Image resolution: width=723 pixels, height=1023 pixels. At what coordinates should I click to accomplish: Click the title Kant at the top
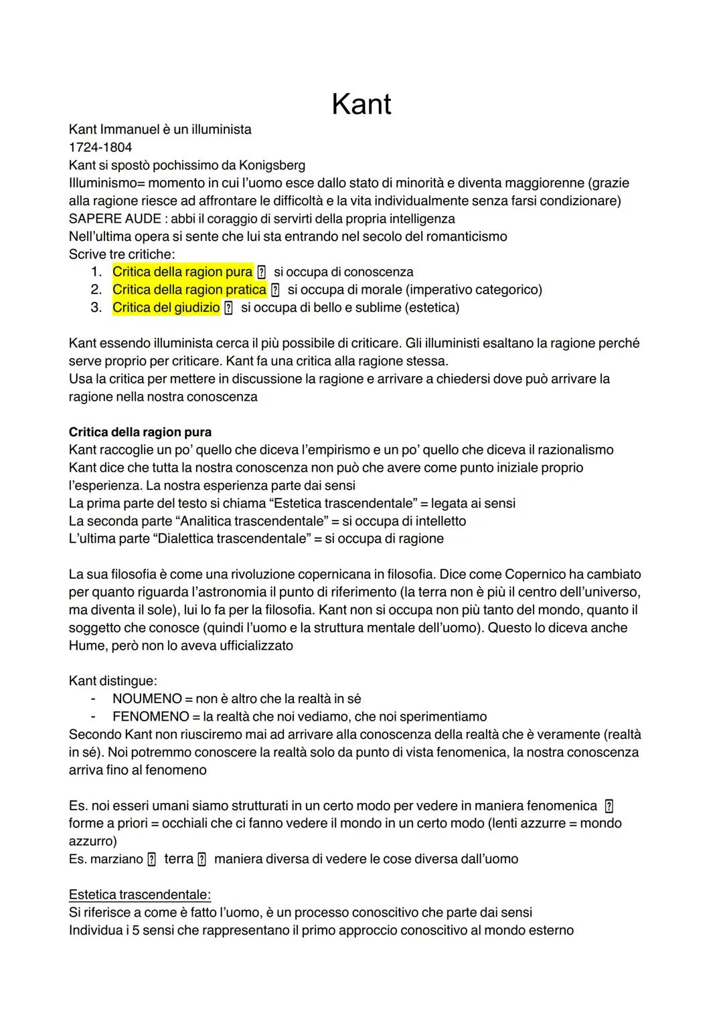tap(361, 104)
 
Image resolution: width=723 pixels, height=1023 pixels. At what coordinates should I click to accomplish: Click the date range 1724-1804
tap(100, 147)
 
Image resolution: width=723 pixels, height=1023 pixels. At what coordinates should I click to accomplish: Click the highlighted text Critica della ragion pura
tap(182, 272)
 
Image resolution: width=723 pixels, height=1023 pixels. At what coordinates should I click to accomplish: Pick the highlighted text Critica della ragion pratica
tap(189, 290)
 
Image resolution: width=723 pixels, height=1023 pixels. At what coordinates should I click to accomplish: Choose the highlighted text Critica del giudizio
tap(166, 308)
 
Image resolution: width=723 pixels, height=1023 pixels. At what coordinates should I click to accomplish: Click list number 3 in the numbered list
tap(96, 308)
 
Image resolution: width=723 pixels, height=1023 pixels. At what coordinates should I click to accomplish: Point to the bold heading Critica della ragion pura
tap(140, 432)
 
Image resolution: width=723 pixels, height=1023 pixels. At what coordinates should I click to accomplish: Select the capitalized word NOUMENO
tap(147, 699)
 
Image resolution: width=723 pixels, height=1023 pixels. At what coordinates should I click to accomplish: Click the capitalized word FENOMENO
tap(151, 717)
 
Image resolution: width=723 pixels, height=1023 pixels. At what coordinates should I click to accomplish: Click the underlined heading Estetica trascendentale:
tap(140, 895)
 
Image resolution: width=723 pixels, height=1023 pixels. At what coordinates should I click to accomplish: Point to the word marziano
tap(116, 859)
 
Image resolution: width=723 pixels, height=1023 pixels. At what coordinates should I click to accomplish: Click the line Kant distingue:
tap(112, 681)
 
